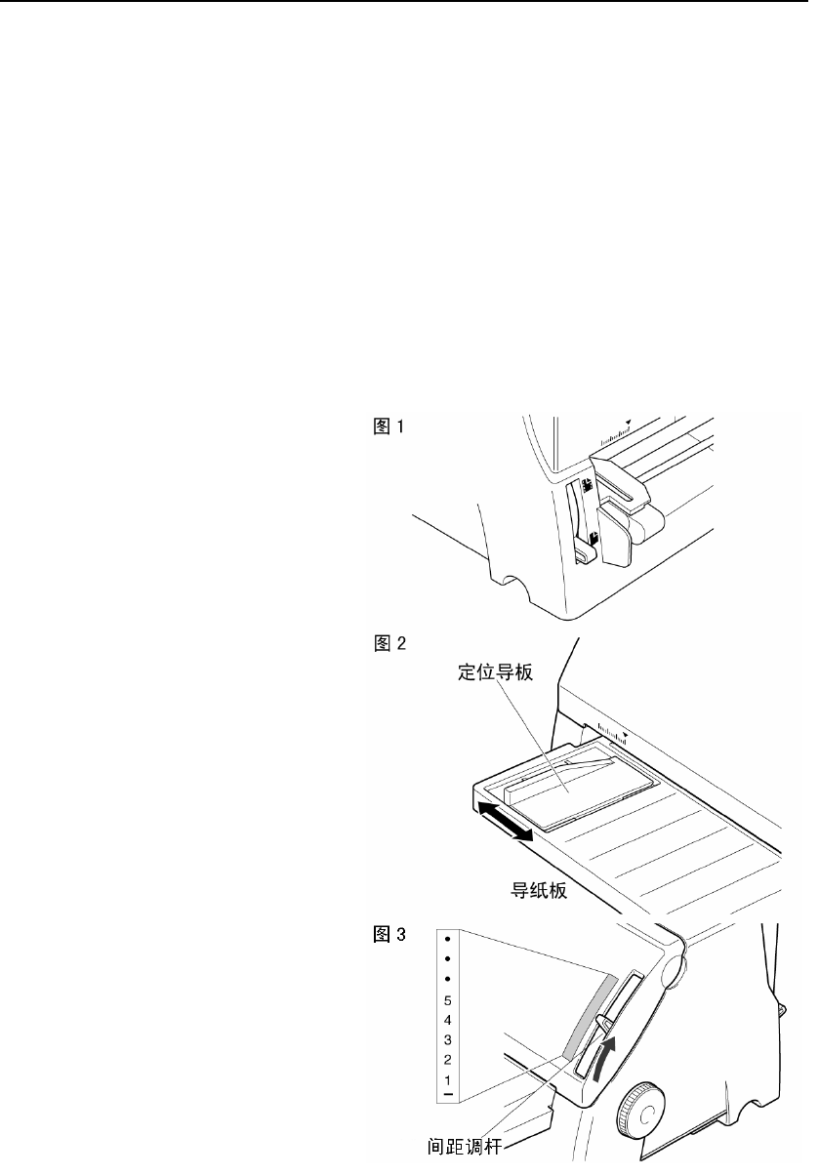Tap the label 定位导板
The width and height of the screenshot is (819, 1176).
[495, 673]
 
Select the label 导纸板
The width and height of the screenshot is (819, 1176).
[536, 889]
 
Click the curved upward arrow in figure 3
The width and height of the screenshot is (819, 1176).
[605, 1056]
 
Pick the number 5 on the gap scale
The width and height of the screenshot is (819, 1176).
[447, 1000]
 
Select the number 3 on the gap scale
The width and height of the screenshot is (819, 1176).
[447, 1040]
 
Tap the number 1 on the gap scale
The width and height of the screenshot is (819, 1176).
[447, 1080]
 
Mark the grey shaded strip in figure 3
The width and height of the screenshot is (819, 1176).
[590, 1015]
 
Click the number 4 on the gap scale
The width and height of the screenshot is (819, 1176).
[447, 1020]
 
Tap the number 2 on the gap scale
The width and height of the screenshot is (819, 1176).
[447, 1060]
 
